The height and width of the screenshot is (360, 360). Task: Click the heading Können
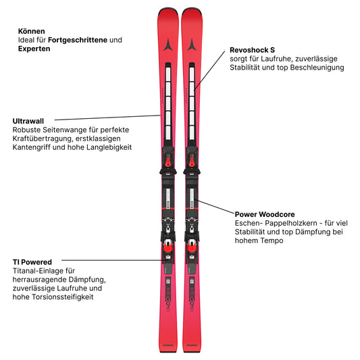(32, 31)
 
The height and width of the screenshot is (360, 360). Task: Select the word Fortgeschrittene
(78, 40)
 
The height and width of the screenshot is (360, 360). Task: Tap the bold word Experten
(34, 49)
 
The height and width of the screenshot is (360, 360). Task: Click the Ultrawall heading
(28, 121)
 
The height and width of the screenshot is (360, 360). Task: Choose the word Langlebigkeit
(109, 147)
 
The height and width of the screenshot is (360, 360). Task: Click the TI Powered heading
(32, 262)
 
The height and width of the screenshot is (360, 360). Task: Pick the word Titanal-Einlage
(44, 271)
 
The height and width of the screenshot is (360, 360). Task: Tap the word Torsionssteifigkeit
(63, 297)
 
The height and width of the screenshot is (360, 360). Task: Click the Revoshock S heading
(253, 50)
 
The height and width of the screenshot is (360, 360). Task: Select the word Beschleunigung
(317, 68)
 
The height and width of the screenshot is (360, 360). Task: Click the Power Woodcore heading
(265, 214)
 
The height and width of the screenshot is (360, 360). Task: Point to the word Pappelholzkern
(291, 224)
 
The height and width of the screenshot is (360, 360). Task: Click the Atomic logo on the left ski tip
(168, 45)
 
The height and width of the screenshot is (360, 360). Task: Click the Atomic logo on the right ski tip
(192, 45)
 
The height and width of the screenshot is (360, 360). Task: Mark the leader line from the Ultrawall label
(107, 118)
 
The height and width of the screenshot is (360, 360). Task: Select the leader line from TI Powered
(113, 260)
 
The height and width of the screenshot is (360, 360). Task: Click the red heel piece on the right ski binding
(191, 247)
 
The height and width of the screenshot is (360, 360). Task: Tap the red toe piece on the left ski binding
(168, 161)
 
